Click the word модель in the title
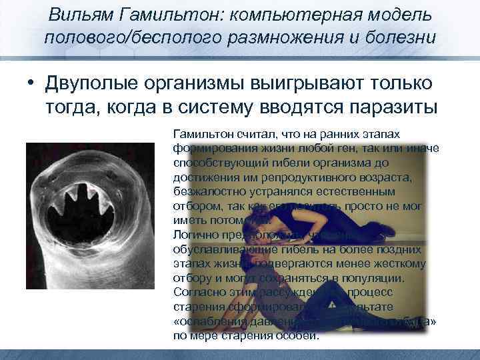point(396,15)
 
